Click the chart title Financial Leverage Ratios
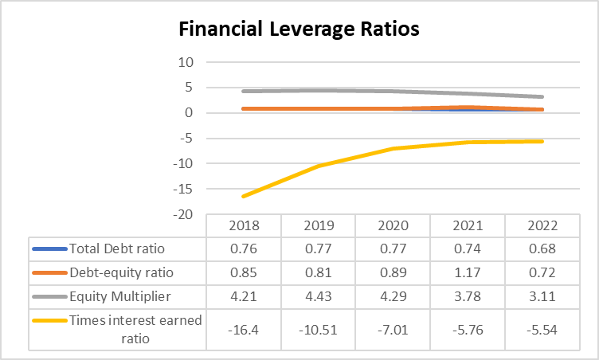(299, 29)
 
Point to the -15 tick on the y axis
(184, 189)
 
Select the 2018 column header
(243, 225)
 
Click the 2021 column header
(468, 225)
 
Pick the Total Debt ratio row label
(117, 248)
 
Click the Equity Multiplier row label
(121, 296)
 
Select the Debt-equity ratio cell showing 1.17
(468, 272)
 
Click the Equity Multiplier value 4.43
(318, 296)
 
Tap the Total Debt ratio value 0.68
(542, 248)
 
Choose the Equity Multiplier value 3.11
(542, 296)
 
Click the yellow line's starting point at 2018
(243, 196)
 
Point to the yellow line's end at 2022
(542, 141)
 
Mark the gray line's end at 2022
(542, 97)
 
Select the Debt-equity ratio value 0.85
(243, 272)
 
